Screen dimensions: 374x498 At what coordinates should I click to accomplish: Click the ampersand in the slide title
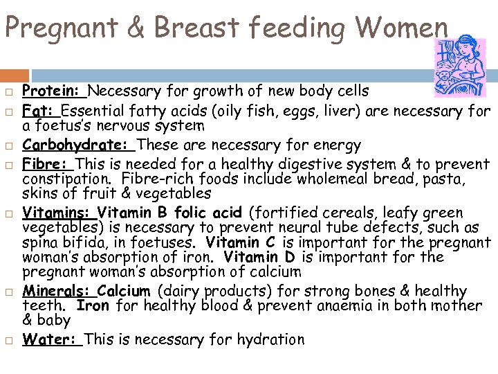pos(138,28)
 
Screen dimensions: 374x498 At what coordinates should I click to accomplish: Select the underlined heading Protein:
pos(53,90)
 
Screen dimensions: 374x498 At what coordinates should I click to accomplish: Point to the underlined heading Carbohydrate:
pos(77,145)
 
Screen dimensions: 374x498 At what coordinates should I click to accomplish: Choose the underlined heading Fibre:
pos(47,164)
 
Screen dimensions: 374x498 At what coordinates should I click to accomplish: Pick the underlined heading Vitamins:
pos(58,212)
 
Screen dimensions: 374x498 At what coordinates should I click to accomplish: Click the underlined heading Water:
pos(51,339)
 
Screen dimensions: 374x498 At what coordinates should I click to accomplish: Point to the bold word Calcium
pos(124,291)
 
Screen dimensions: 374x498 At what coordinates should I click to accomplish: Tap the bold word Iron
pos(93,305)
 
